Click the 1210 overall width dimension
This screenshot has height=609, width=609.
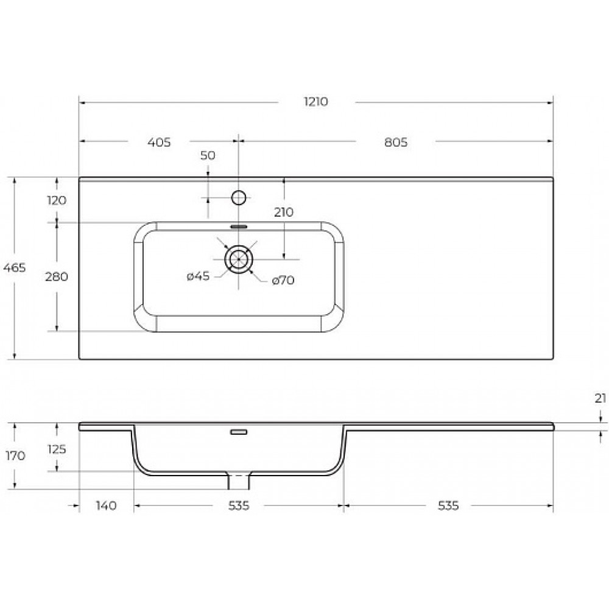coord(315,102)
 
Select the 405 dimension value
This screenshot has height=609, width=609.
coord(159,143)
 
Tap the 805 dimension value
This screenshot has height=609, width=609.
coord(396,143)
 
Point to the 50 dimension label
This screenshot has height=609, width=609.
coord(208,155)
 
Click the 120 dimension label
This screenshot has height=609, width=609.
coord(57,200)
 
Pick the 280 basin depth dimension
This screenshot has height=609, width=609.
coord(57,277)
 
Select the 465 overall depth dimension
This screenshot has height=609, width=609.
coord(15,267)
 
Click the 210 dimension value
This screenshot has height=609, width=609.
coord(284,213)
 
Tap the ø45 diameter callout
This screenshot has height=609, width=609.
coord(198,276)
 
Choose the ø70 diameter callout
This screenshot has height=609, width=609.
coord(283,280)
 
